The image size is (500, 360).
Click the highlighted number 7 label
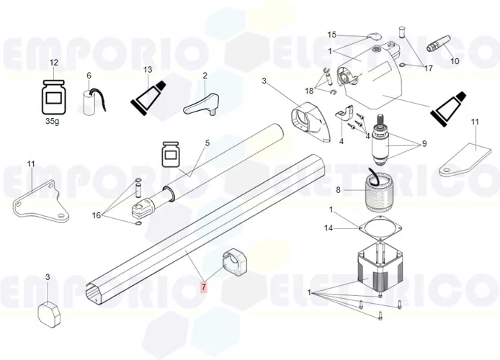(x=203, y=287)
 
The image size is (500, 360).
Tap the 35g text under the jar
(x=53, y=122)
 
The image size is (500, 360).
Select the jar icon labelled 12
(x=53, y=97)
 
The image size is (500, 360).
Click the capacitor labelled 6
(x=91, y=102)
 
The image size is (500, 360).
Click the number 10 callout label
(x=455, y=61)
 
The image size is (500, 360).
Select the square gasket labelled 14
(x=380, y=228)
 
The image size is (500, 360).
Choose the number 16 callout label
(x=97, y=215)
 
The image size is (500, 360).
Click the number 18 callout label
(x=309, y=91)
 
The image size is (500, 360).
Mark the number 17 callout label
(x=428, y=68)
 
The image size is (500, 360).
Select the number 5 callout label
(x=207, y=143)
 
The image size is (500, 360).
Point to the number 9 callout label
(x=424, y=144)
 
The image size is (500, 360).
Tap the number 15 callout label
(x=332, y=35)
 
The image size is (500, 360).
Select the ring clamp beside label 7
(x=235, y=261)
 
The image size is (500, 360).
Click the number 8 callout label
(x=339, y=190)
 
